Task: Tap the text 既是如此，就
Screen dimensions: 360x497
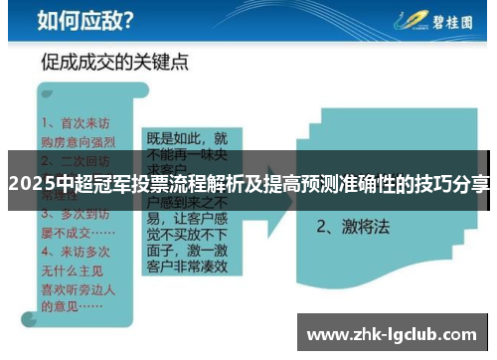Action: (x=187, y=139)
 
